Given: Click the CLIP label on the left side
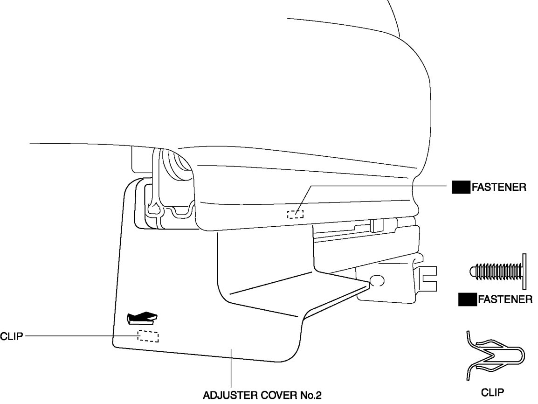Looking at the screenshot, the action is pyautogui.click(x=12, y=336).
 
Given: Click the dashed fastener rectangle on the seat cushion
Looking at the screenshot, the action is pyautogui.click(x=295, y=214).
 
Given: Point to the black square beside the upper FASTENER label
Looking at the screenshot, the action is pyautogui.click(x=460, y=188).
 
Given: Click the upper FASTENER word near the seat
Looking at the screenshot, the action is pyautogui.click(x=499, y=188).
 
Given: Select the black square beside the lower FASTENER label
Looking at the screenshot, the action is pyautogui.click(x=467, y=299).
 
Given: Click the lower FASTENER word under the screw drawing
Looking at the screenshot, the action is pyautogui.click(x=505, y=299).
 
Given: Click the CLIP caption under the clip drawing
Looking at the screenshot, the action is pyautogui.click(x=493, y=393).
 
